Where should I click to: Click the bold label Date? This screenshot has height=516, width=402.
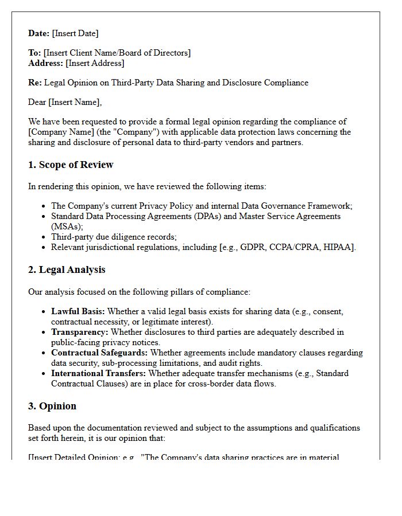[39, 33]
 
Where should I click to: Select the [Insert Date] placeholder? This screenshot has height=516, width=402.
[75, 33]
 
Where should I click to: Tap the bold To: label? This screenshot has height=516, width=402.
[34, 53]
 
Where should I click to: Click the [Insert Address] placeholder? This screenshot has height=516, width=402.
[95, 63]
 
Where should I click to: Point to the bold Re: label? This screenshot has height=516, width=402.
[35, 83]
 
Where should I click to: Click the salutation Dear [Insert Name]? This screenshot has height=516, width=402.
[65, 102]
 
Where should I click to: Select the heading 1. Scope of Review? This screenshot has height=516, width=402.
[71, 165]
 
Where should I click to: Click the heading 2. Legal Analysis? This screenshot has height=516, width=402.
[67, 269]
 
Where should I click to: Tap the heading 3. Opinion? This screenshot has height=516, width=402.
[52, 406]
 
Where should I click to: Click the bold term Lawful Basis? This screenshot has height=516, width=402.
[78, 311]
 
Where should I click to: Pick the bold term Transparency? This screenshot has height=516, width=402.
[80, 332]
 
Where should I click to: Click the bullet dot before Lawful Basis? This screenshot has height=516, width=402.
[44, 312]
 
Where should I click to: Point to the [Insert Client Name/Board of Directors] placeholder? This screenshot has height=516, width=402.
[117, 53]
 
